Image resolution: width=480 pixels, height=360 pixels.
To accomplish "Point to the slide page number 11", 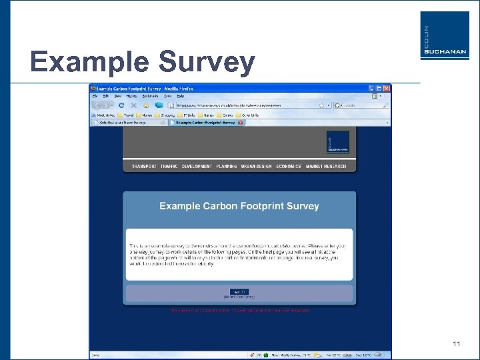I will click(x=457, y=344).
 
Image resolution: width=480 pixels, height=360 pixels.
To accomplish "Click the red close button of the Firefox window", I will click(x=387, y=88).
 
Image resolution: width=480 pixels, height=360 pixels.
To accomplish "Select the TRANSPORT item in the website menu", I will click(x=144, y=166).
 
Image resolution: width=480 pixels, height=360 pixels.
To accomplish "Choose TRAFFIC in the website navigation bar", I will click(x=169, y=166).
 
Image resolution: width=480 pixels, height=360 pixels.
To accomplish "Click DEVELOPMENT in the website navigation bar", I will click(x=197, y=166).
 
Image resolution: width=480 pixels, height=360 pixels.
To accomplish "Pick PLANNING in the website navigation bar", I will click(x=226, y=166).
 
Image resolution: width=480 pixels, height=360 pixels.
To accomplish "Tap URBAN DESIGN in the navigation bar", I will click(x=257, y=166).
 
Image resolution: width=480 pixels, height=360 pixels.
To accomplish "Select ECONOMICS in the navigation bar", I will click(x=289, y=166).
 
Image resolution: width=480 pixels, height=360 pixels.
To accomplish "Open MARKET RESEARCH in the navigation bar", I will click(x=326, y=166).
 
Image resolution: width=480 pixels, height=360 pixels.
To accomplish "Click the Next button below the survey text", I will click(x=239, y=291).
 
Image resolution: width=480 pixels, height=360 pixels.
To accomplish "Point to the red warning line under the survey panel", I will click(x=239, y=310).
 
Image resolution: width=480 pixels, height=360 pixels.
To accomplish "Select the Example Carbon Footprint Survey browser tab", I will click(x=203, y=122).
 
